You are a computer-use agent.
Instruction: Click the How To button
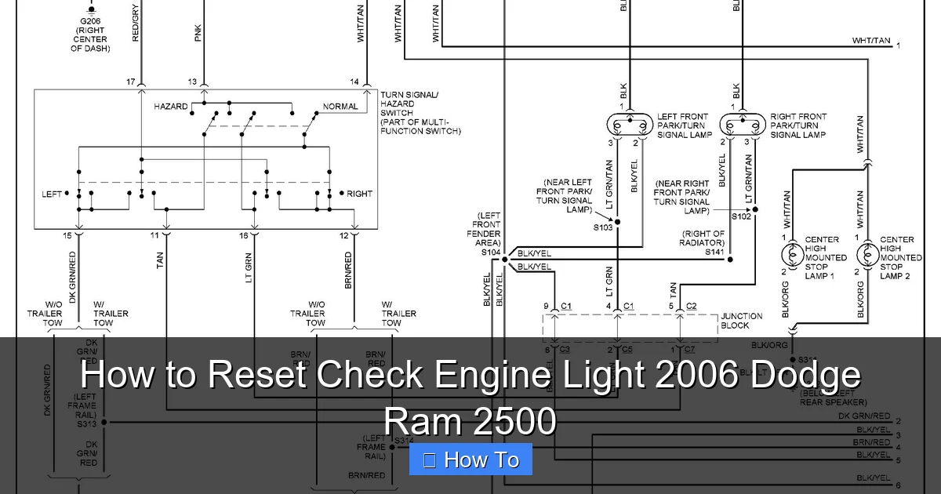[470, 459]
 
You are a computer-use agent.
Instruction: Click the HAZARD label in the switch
[171, 107]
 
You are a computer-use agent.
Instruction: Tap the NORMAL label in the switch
[340, 107]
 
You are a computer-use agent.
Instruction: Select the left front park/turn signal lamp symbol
[630, 125]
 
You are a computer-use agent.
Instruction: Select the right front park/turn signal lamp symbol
[742, 125]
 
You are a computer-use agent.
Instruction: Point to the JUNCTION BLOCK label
[736, 321]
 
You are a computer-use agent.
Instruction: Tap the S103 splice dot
[617, 222]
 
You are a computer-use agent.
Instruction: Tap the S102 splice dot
[755, 210]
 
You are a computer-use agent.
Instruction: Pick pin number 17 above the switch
[131, 82]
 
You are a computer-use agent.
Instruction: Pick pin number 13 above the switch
[192, 82]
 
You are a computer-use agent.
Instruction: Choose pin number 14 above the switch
[354, 82]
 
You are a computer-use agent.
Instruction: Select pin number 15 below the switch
[67, 235]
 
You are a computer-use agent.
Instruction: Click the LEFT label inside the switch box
[53, 194]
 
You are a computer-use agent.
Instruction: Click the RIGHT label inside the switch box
[360, 194]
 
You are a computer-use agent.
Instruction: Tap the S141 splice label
[714, 251]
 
